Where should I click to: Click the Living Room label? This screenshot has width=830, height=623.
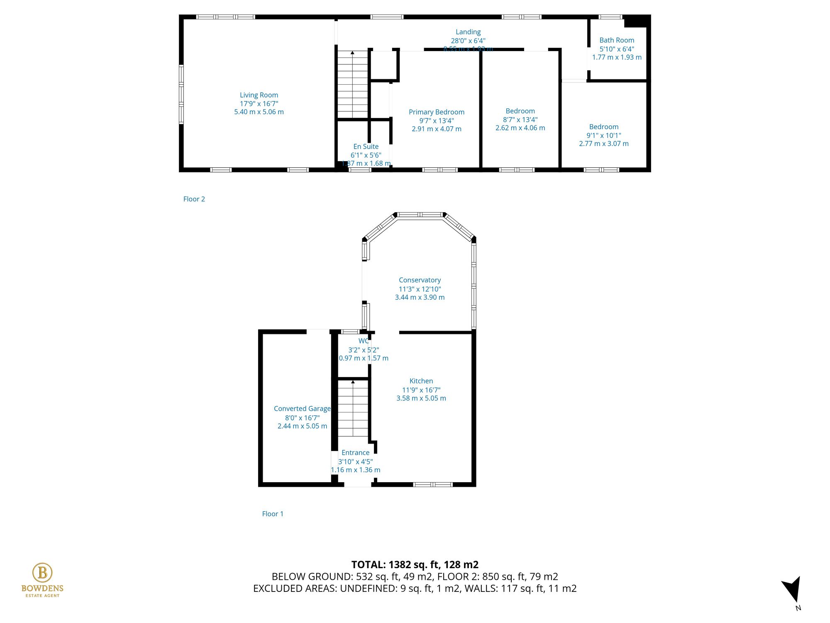(259, 95)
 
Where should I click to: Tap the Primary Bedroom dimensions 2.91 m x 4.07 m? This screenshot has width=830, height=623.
(436, 129)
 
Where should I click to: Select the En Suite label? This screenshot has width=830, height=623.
(366, 147)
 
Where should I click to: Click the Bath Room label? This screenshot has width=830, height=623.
(617, 40)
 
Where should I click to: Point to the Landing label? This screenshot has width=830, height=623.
(468, 32)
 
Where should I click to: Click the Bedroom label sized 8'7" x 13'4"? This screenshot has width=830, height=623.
(520, 111)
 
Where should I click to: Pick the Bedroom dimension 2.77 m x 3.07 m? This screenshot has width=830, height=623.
(603, 144)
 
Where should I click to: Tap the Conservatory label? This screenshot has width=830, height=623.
(420, 280)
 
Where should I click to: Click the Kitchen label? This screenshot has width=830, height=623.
(421, 381)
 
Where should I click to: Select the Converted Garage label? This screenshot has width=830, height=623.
(302, 409)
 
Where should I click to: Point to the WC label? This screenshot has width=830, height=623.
(363, 341)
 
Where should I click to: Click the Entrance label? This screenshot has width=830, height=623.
(355, 453)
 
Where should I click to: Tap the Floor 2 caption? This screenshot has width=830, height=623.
(194, 199)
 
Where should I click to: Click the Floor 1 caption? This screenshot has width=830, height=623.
(273, 514)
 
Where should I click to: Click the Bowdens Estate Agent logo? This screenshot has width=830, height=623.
(42, 580)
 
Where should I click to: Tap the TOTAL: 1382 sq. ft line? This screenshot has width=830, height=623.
(415, 564)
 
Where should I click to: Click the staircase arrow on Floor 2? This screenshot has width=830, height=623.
(352, 53)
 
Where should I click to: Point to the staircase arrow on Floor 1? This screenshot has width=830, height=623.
(353, 382)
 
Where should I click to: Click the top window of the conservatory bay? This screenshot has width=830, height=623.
(420, 215)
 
